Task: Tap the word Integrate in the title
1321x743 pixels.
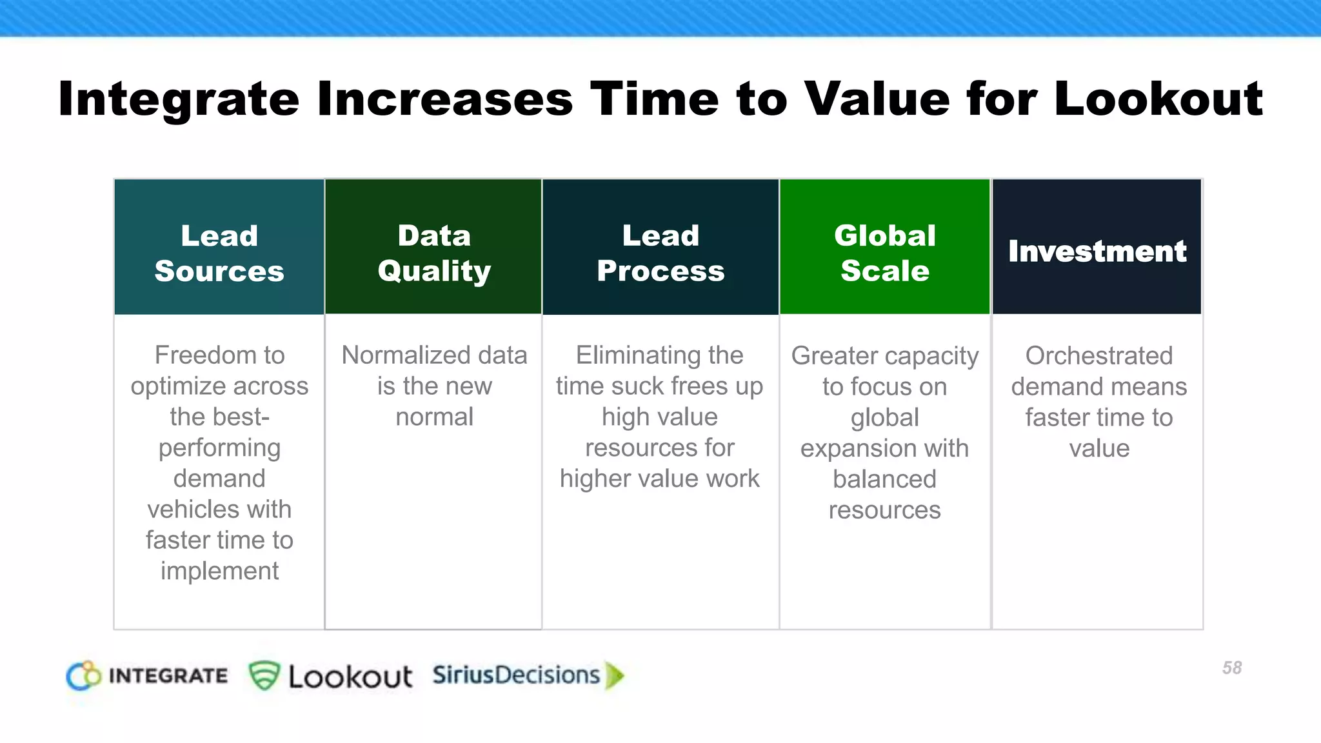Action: (179, 100)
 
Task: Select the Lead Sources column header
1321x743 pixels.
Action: (219, 253)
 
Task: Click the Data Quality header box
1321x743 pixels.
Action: (434, 253)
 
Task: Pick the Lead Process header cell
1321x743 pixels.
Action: (660, 253)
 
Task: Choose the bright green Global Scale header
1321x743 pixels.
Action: (885, 253)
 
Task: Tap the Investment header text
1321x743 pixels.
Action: (1097, 251)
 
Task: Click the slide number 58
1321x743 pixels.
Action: (1231, 668)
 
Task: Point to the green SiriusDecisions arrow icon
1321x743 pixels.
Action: (615, 675)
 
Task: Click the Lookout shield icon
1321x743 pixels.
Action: (264, 675)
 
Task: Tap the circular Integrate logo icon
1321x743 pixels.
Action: (83, 675)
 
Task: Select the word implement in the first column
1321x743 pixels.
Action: (219, 571)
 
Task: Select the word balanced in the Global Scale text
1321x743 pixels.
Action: (884, 479)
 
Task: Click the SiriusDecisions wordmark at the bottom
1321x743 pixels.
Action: (516, 675)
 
